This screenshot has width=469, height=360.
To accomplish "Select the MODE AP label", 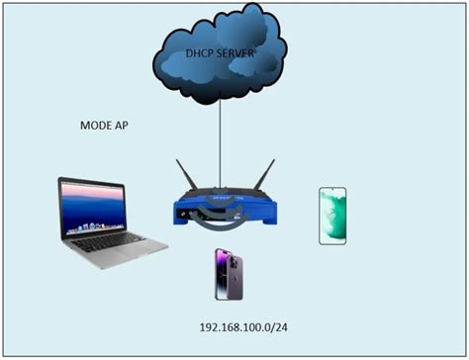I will [104, 129].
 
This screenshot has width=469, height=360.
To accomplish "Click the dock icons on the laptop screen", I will [91, 225].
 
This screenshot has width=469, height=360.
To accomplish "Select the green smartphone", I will [332, 215].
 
